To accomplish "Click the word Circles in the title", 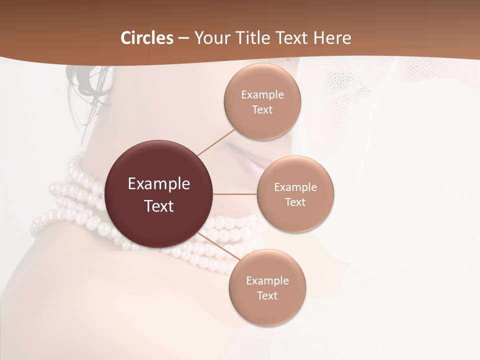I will tap(147, 38).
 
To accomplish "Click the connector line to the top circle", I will tap(216, 142).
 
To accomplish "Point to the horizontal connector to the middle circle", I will tap(235, 194).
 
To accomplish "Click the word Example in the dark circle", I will tap(159, 184).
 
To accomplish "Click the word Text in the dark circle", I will tap(159, 206).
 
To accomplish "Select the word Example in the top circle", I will tap(262, 95).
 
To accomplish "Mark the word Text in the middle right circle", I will tap(295, 202).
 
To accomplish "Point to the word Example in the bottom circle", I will tap(267, 280).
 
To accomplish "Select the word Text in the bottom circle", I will tap(267, 295).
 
